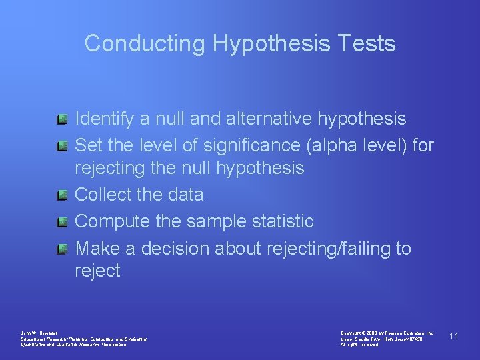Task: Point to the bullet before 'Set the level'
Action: (x=62, y=145)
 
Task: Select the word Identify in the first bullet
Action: (x=105, y=119)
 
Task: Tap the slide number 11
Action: (x=454, y=336)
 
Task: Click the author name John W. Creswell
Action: (x=39, y=332)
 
